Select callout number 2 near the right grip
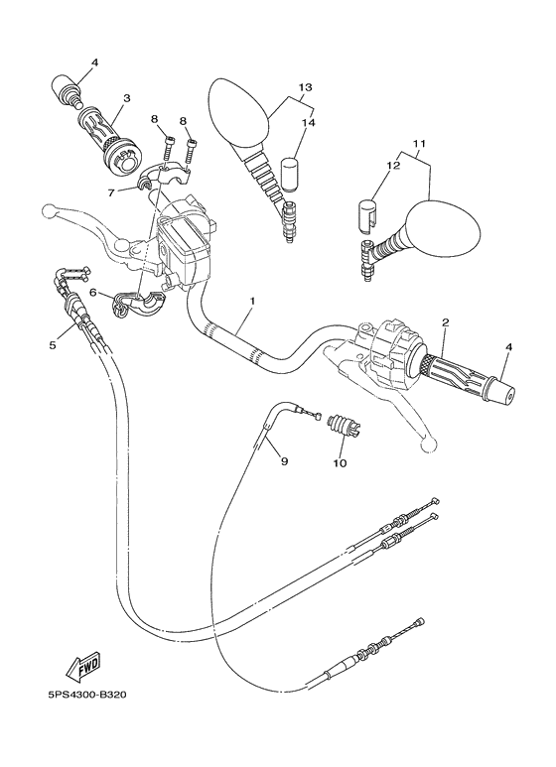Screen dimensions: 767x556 [445, 322]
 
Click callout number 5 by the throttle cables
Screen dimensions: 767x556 [52, 345]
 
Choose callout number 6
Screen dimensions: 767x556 [93, 293]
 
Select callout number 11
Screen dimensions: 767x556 [419, 145]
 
